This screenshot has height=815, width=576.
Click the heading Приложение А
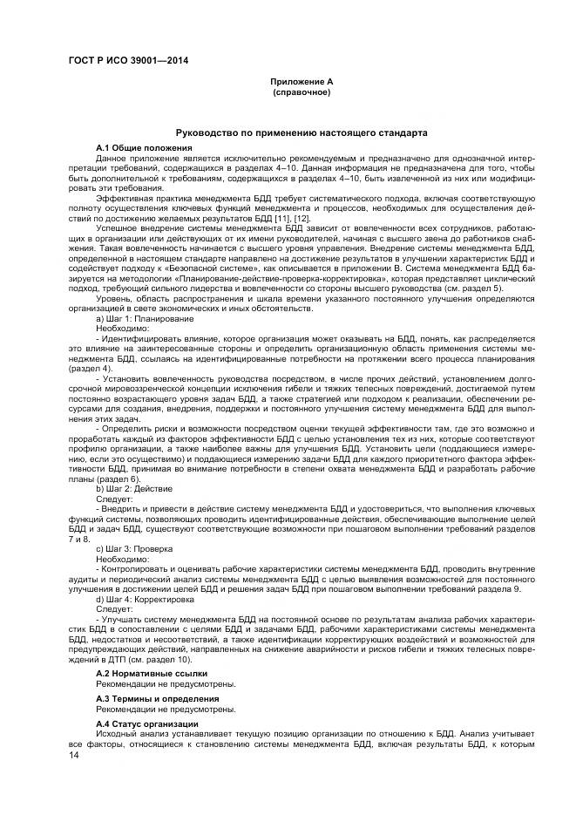301,82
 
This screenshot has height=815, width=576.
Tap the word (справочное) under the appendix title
301,92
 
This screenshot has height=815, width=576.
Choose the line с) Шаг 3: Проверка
139,547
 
